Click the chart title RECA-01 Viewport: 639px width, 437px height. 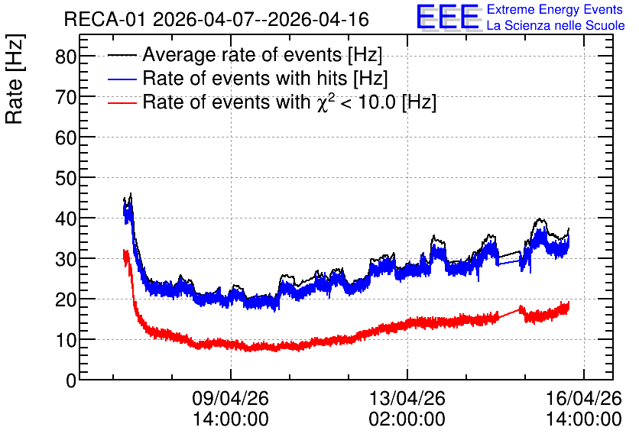pyautogui.click(x=104, y=19)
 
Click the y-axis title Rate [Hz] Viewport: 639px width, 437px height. pyautogui.click(x=15, y=79)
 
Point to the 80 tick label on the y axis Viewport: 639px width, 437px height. pyautogui.click(x=66, y=57)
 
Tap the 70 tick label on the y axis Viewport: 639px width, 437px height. pyautogui.click(x=66, y=97)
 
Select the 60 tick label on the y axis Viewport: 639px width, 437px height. pyautogui.click(x=66, y=138)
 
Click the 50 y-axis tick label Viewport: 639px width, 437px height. pyautogui.click(x=66, y=178)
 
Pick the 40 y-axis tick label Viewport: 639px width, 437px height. pyautogui.click(x=66, y=218)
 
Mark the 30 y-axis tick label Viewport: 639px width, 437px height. pyautogui.click(x=66, y=259)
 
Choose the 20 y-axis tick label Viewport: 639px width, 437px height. pyautogui.click(x=66, y=299)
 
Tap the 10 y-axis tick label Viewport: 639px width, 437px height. pyautogui.click(x=66, y=340)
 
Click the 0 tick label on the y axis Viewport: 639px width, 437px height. pyautogui.click(x=71, y=380)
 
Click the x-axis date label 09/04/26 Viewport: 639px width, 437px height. pyautogui.click(x=230, y=398)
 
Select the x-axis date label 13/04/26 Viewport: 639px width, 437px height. pyautogui.click(x=407, y=398)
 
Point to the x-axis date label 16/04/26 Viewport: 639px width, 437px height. pyautogui.click(x=583, y=398)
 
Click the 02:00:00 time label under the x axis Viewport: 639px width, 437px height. pyautogui.click(x=407, y=419)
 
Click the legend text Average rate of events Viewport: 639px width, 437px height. pyautogui.click(x=242, y=55)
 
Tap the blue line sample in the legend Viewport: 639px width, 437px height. pyautogui.click(x=122, y=79)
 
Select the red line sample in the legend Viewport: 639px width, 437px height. pyautogui.click(x=122, y=102)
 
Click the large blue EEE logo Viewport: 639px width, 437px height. pyautogui.click(x=448, y=17)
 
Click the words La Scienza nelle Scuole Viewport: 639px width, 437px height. pyautogui.click(x=556, y=25)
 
